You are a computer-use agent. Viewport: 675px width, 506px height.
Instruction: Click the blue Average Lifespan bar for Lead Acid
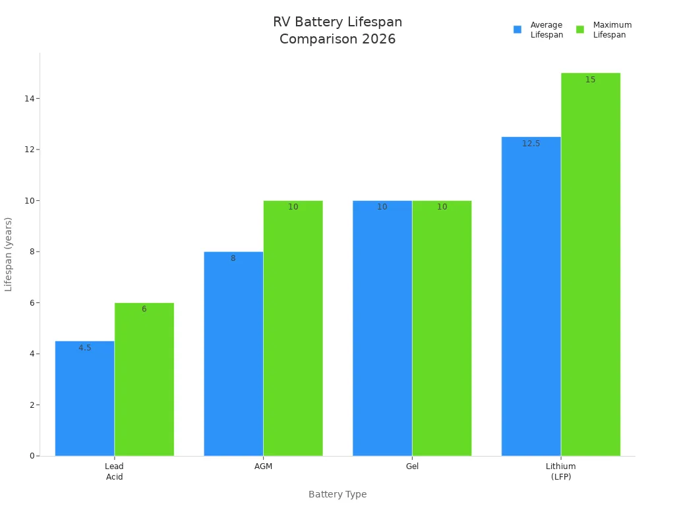click(x=84, y=399)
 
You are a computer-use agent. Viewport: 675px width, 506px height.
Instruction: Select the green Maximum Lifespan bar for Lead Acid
click(x=144, y=379)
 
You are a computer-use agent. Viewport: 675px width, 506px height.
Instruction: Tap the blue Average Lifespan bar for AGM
click(x=233, y=354)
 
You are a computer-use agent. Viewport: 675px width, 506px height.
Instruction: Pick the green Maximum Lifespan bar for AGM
click(x=293, y=328)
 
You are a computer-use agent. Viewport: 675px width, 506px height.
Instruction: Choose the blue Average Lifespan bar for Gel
click(x=382, y=328)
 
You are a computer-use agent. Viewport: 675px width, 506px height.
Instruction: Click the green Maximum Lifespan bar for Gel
click(x=442, y=328)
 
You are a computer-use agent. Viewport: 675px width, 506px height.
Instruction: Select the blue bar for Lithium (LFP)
click(x=531, y=296)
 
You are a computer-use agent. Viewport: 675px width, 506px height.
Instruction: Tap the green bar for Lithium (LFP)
click(x=591, y=264)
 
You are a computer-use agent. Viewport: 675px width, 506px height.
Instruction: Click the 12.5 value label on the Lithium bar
click(x=531, y=144)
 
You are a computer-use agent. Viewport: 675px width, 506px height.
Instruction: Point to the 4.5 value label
click(x=84, y=348)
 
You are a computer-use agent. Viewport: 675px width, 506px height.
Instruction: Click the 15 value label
click(x=591, y=80)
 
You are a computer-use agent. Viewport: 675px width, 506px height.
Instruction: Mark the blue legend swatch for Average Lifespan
click(x=517, y=30)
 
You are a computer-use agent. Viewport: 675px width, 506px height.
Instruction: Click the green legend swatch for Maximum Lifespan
click(x=580, y=30)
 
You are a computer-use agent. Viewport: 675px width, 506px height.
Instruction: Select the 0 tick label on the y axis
click(x=32, y=456)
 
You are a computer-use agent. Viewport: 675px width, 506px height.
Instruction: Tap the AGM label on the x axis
click(x=263, y=466)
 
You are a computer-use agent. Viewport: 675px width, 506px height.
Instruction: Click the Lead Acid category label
click(x=114, y=471)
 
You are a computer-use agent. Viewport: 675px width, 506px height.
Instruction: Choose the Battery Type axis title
click(x=337, y=494)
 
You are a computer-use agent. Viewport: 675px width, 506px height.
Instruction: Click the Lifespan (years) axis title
click(x=9, y=254)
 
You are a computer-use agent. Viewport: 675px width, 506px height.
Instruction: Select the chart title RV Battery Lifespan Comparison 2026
click(x=337, y=31)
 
